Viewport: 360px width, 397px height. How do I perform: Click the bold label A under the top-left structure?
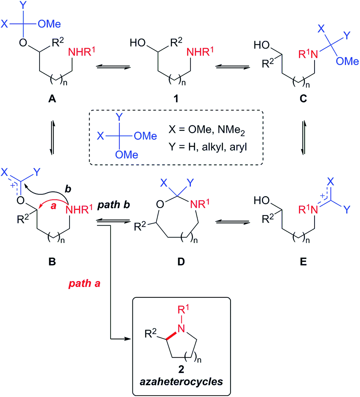[52, 99]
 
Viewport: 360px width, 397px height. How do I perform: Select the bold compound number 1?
[176, 99]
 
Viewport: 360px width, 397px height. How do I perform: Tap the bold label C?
[303, 99]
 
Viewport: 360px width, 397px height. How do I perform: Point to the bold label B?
[52, 261]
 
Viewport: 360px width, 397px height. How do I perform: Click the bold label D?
[181, 261]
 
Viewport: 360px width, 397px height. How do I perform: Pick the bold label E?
[303, 261]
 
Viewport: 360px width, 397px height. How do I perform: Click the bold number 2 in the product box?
[181, 369]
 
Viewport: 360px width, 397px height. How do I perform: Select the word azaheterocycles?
[181, 381]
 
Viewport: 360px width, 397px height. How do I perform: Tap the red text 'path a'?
[84, 283]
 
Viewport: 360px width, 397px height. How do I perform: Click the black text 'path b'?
[114, 205]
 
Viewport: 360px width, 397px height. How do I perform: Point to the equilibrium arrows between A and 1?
[113, 67]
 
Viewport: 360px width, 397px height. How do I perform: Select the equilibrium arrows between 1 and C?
[232, 67]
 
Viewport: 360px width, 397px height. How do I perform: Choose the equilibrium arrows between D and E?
[232, 222]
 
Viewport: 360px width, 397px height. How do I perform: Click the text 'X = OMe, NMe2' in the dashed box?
[207, 130]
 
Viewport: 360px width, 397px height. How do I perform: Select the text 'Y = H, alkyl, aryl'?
[208, 147]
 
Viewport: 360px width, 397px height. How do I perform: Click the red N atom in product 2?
[181, 328]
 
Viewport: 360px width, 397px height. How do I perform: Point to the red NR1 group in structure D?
[200, 203]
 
